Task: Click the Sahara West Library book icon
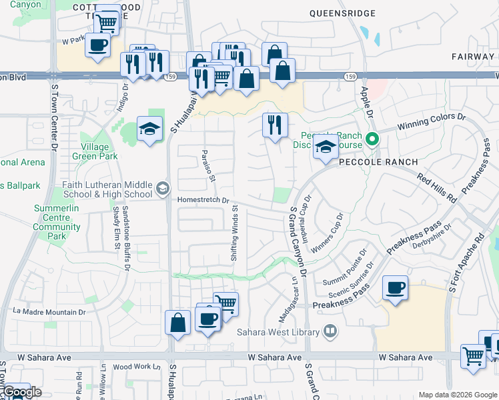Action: pyautogui.click(x=330, y=331)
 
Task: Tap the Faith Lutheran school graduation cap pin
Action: pyautogui.click(x=162, y=189)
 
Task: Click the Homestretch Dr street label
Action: pyautogui.click(x=203, y=200)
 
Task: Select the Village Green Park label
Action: pyautogui.click(x=99, y=151)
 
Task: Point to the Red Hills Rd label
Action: pyautogui.click(x=437, y=189)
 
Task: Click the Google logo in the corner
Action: pyautogui.click(x=21, y=392)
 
